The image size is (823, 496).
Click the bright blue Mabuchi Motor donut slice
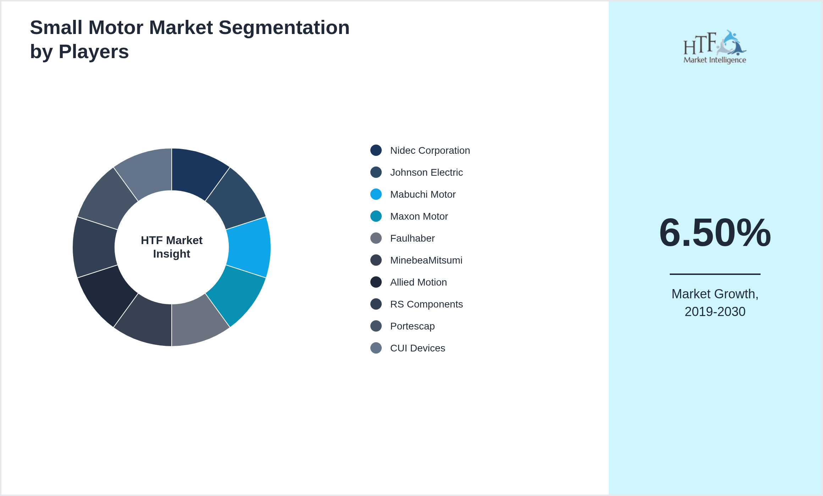click(249, 247)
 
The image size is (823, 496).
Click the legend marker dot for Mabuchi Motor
click(376, 194)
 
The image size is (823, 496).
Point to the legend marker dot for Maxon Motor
click(376, 216)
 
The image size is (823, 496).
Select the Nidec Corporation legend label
click(430, 151)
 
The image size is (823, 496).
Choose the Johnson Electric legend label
click(426, 173)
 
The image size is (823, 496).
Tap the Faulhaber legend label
click(412, 238)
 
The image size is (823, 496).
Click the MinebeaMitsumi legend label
click(426, 260)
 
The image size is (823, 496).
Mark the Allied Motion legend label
click(418, 282)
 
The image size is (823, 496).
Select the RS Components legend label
click(426, 304)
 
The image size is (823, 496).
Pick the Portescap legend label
click(412, 326)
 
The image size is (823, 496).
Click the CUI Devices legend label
click(418, 348)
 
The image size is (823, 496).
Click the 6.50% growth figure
click(715, 233)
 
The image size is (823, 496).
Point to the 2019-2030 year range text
click(715, 312)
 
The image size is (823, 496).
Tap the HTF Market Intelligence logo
click(715, 47)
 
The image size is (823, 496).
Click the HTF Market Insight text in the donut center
click(172, 247)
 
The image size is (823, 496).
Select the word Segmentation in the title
click(284, 28)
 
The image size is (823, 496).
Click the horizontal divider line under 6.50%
click(715, 274)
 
